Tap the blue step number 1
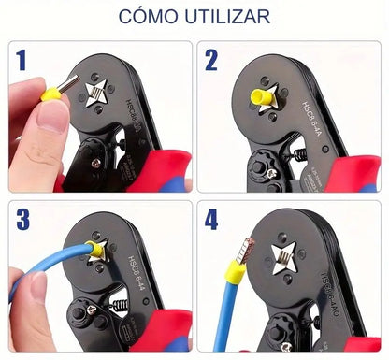(x=21, y=63)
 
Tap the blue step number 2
(x=212, y=62)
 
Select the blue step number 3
(x=22, y=221)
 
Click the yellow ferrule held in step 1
(x=57, y=92)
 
